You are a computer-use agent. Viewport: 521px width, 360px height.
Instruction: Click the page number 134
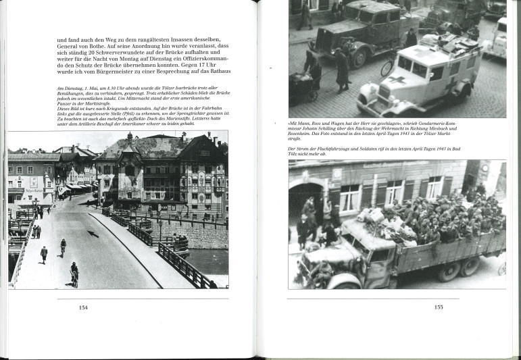83,307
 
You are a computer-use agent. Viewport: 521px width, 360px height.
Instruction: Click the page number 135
439,307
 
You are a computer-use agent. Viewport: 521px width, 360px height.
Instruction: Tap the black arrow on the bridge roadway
93,234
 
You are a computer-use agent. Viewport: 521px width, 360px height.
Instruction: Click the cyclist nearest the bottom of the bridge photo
74,273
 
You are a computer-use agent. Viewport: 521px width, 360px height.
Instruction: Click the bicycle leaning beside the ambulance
387,66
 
